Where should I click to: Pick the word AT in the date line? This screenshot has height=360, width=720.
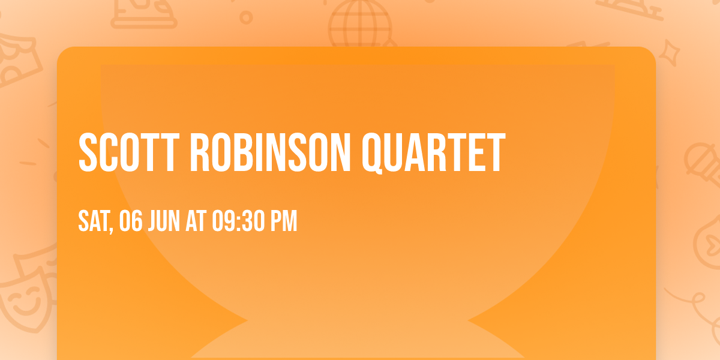click(196, 221)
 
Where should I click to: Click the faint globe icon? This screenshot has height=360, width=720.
click(359, 24)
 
